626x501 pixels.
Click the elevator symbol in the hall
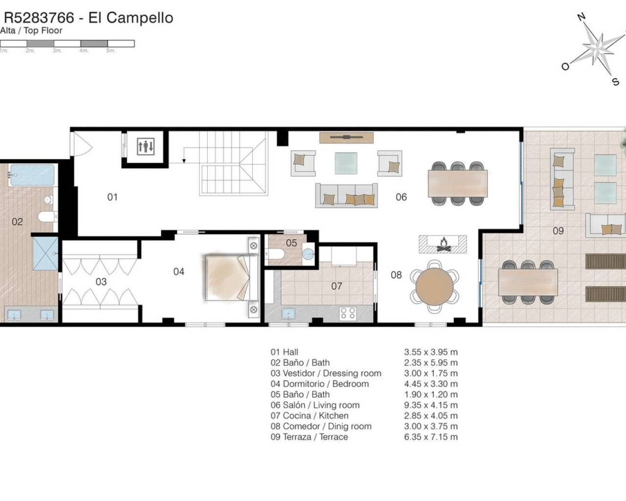(x=145, y=146)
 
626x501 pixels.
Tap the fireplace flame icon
(x=444, y=245)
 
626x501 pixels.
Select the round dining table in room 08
(x=434, y=286)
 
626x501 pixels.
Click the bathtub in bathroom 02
(x=32, y=175)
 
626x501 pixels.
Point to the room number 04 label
(x=179, y=272)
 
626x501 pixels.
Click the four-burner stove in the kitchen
(x=348, y=314)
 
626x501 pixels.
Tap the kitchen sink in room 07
(x=288, y=314)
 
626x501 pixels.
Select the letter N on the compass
(x=581, y=17)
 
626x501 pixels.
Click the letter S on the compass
(x=615, y=82)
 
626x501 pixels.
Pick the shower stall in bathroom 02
(x=45, y=253)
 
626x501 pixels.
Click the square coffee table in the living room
(x=346, y=163)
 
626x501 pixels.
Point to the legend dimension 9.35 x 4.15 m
(x=431, y=405)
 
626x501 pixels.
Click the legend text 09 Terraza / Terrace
(x=309, y=437)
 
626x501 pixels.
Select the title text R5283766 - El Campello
(x=89, y=18)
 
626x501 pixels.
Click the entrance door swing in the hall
(x=82, y=144)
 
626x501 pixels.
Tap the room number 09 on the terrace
(x=558, y=231)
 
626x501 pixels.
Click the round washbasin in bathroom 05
(x=308, y=254)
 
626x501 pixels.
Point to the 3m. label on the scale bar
(x=57, y=51)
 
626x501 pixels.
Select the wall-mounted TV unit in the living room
(x=346, y=137)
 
